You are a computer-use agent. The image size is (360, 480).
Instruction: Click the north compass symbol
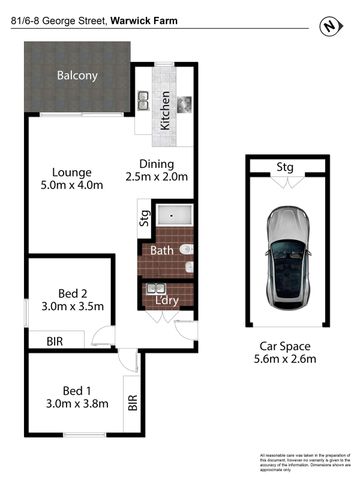(x=325, y=26)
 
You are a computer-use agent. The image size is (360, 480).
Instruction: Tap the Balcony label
(x=76, y=76)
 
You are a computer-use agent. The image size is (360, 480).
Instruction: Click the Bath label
(x=162, y=253)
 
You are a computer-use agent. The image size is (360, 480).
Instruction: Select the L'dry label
(x=166, y=299)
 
